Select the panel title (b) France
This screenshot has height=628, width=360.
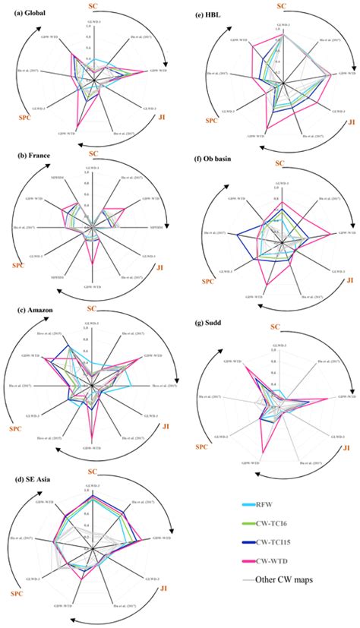26,161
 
